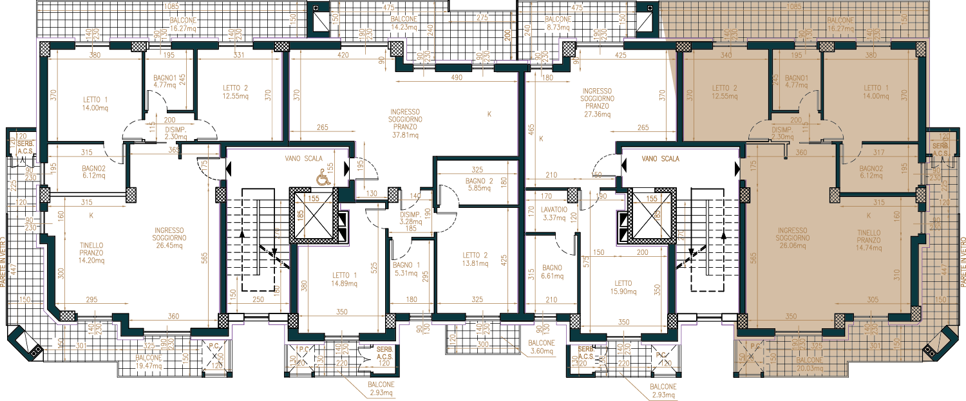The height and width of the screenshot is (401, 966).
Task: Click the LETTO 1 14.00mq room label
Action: pos(95,104)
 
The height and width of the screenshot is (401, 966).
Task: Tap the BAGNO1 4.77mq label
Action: pos(165,80)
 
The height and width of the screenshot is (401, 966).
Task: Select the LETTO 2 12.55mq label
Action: pos(235,92)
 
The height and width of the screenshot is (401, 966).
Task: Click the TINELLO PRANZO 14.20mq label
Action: pos(91,252)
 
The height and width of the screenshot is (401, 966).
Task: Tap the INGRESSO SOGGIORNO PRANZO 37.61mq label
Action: pos(405,123)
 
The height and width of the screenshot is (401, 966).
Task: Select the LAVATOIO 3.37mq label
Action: pos(554,214)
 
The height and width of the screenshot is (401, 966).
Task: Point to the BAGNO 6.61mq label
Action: pos(553,272)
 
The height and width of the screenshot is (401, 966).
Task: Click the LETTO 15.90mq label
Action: pos(623,287)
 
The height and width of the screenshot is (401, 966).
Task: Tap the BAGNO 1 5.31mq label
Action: pos(406,268)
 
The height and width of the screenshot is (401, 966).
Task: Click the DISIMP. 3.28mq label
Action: pos(410,218)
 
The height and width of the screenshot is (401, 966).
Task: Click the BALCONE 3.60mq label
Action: pos(540,348)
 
